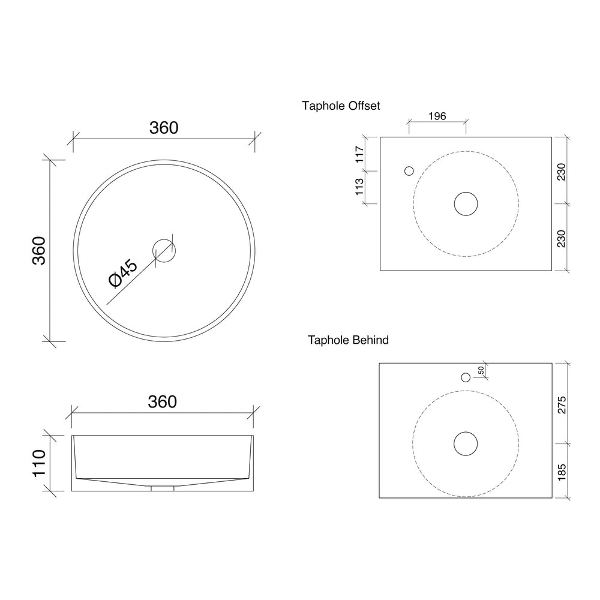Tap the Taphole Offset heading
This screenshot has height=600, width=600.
pos(341,106)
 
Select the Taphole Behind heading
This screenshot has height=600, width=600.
pos(348,340)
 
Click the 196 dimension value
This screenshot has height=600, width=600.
pos(437,116)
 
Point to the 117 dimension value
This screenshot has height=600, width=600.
pos(359,154)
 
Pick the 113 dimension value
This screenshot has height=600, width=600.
pos(359,187)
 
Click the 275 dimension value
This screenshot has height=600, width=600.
pos(562,405)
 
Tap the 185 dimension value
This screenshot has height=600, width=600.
pos(562,472)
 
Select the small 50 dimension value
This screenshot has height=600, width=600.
pos(481,370)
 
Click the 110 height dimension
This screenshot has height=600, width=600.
pos(39,463)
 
